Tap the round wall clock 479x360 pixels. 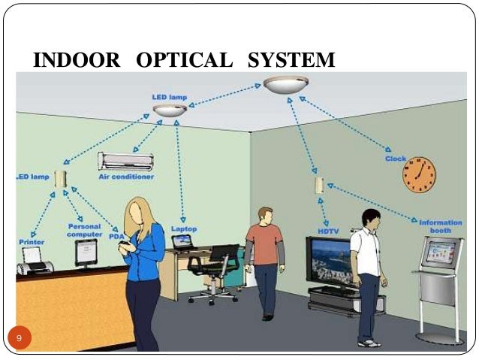pyautogui.click(x=418, y=175)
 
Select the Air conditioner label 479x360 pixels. pyautogui.click(x=126, y=177)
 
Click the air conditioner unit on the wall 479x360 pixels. pyautogui.click(x=125, y=160)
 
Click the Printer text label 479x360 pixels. pyautogui.click(x=32, y=242)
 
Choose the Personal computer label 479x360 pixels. pyautogui.click(x=84, y=230)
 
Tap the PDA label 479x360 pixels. pyautogui.click(x=116, y=235)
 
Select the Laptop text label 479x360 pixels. pyautogui.click(x=183, y=228)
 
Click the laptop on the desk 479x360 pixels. pyautogui.click(x=182, y=242)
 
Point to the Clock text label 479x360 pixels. pyautogui.click(x=396, y=159)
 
